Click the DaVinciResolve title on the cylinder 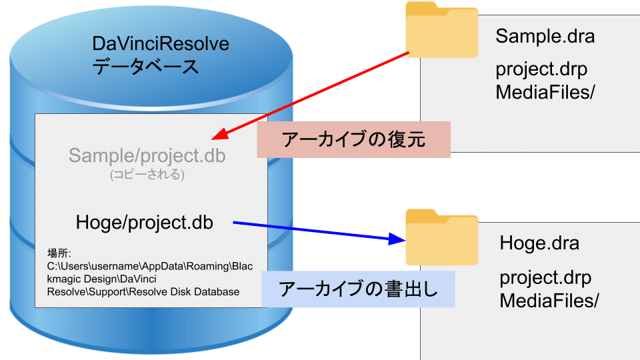[x=161, y=45]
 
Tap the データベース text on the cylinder [x=145, y=67]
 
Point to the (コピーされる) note [x=147, y=175]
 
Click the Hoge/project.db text [x=145, y=223]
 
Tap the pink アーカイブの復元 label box [x=354, y=141]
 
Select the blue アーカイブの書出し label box [x=358, y=289]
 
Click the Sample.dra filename [x=545, y=36]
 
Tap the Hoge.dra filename [x=539, y=243]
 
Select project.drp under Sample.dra [x=542, y=70]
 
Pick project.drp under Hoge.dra [x=546, y=278]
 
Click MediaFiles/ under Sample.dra [x=545, y=92]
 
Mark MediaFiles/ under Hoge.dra [x=549, y=300]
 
